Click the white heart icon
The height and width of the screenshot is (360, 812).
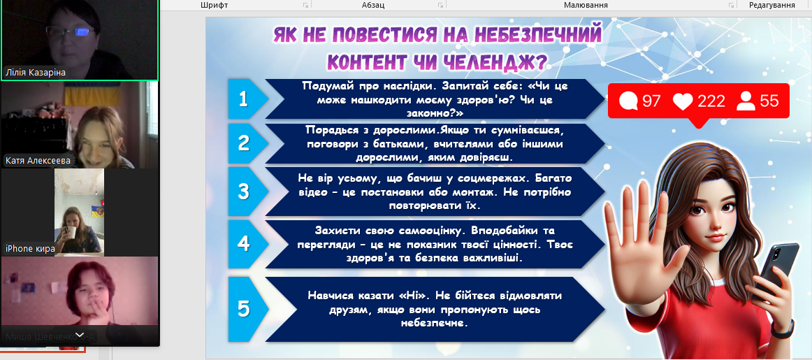683,101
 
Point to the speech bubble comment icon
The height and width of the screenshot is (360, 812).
629,101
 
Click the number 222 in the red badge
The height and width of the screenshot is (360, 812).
711,101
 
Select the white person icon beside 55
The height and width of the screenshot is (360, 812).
746,101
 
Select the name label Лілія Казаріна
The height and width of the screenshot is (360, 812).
35,73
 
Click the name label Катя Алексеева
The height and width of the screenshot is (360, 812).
38,161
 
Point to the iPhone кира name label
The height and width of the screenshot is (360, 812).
30,249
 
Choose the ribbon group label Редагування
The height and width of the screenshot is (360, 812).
773,5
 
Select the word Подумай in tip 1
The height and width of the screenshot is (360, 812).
323,86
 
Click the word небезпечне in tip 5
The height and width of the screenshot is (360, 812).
434,323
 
